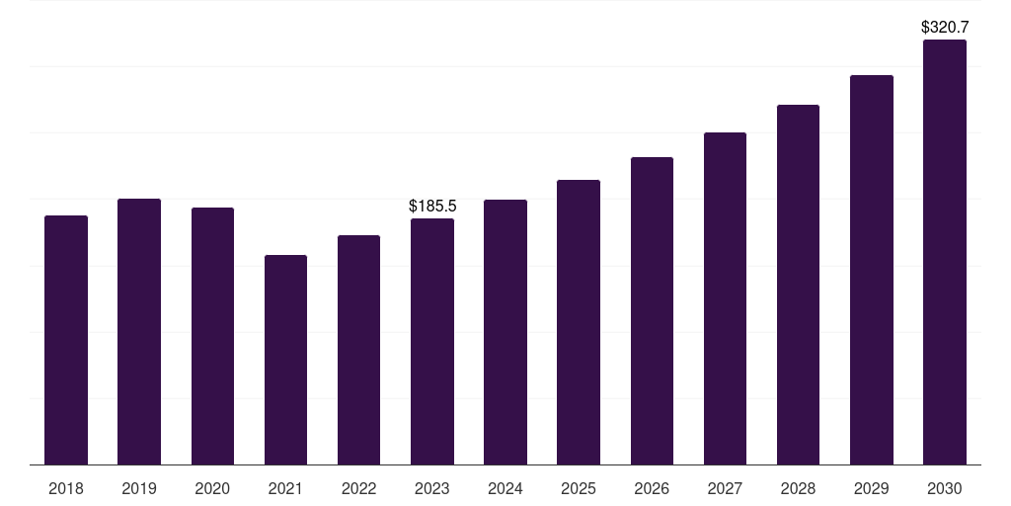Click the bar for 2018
click(x=66, y=340)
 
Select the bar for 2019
click(x=139, y=332)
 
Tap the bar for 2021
click(x=285, y=360)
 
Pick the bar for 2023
click(x=432, y=341)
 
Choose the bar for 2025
click(x=579, y=322)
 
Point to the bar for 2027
click(x=725, y=298)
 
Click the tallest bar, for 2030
click(x=945, y=252)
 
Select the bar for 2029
click(x=872, y=270)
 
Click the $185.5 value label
click(x=432, y=206)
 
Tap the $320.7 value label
click(x=945, y=27)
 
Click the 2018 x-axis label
click(x=66, y=489)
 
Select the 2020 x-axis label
click(x=212, y=489)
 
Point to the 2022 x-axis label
click(x=358, y=489)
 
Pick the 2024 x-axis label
click(x=505, y=489)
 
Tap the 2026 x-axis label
click(x=652, y=489)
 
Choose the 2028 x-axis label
click(x=798, y=489)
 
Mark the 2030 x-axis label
click(x=945, y=489)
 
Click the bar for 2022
click(x=358, y=350)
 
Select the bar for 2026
click(x=652, y=311)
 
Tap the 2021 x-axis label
click(x=285, y=489)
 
